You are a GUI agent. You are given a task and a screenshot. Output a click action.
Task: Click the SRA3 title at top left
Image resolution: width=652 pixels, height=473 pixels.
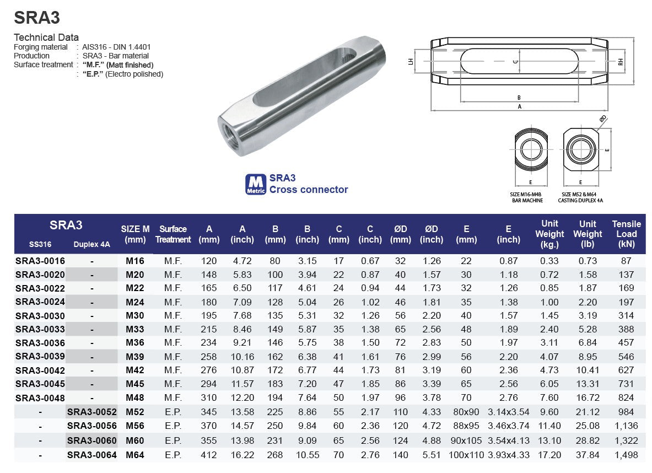coord(36,18)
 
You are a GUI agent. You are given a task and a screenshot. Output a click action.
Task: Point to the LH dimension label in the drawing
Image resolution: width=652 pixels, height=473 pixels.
coord(411,62)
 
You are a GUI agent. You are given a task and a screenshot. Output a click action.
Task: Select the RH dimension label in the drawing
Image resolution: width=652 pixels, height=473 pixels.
coord(621,62)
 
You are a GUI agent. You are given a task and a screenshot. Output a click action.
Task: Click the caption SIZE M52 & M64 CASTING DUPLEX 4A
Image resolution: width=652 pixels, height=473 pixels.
coord(580,197)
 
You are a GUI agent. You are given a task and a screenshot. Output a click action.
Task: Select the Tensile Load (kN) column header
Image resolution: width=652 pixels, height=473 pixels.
coord(626,234)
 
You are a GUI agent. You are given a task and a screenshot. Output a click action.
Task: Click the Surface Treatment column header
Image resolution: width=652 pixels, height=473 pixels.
coord(173,234)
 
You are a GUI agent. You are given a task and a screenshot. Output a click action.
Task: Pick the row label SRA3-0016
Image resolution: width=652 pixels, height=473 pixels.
coord(40,261)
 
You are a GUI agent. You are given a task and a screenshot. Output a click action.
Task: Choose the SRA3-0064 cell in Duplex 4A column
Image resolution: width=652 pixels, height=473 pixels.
coord(92,455)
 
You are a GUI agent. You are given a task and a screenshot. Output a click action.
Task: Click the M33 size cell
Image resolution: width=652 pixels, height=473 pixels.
coord(134,330)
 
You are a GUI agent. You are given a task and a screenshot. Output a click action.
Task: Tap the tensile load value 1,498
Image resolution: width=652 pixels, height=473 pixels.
coord(627,455)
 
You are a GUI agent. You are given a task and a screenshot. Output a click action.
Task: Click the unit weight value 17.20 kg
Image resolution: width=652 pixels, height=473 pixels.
coord(549,455)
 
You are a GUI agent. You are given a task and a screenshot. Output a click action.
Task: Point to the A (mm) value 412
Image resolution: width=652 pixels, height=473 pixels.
coord(209,455)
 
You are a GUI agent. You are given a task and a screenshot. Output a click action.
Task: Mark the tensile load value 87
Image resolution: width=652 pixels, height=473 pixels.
coord(627,261)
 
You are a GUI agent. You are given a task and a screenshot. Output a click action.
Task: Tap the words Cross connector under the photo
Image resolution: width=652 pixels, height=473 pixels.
coord(309,190)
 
